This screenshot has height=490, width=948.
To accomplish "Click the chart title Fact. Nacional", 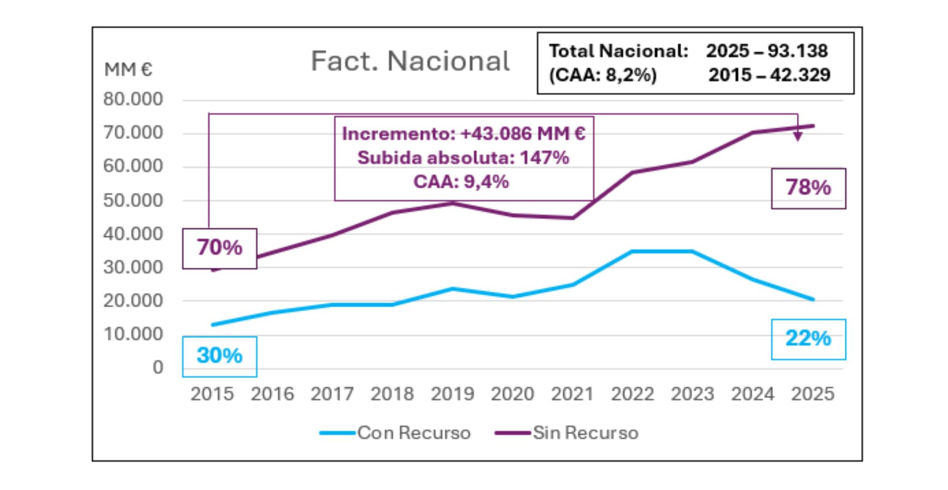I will [410, 61].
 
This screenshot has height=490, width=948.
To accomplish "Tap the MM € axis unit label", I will [128, 70].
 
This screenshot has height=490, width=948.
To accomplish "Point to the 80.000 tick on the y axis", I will [133, 99].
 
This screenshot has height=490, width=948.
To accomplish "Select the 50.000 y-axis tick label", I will [133, 201].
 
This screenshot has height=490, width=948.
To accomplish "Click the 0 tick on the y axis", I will [158, 367].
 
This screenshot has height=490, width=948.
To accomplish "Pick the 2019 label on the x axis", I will [452, 394].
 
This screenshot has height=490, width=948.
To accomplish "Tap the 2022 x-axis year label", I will [632, 394].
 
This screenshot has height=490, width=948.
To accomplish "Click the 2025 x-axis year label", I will [813, 394].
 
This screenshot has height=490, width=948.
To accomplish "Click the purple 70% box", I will [220, 248].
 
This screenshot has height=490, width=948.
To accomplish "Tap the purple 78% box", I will [808, 188].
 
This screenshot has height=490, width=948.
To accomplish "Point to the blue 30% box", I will [220, 356].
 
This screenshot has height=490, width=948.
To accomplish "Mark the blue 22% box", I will [808, 339].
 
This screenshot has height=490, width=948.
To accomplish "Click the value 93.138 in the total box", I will [797, 51].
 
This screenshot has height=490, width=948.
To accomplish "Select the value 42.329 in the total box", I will [799, 75].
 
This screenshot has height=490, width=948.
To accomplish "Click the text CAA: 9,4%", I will [461, 182].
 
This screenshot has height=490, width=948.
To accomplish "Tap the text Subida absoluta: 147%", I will [463, 158].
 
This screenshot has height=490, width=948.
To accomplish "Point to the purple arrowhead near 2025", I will [797, 137].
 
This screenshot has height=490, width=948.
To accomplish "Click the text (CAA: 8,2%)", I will [603, 75].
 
